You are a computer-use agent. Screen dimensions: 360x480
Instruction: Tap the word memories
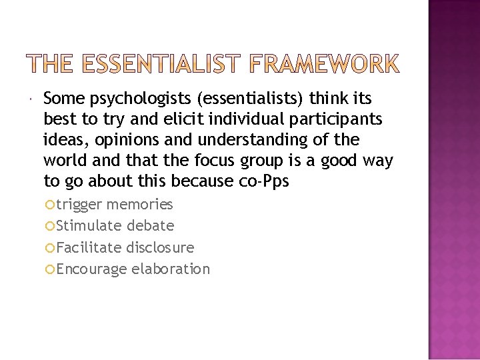pos(139,205)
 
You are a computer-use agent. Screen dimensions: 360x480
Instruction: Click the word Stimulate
pos(89,226)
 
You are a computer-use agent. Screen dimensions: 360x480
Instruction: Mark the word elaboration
pos(171,269)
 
